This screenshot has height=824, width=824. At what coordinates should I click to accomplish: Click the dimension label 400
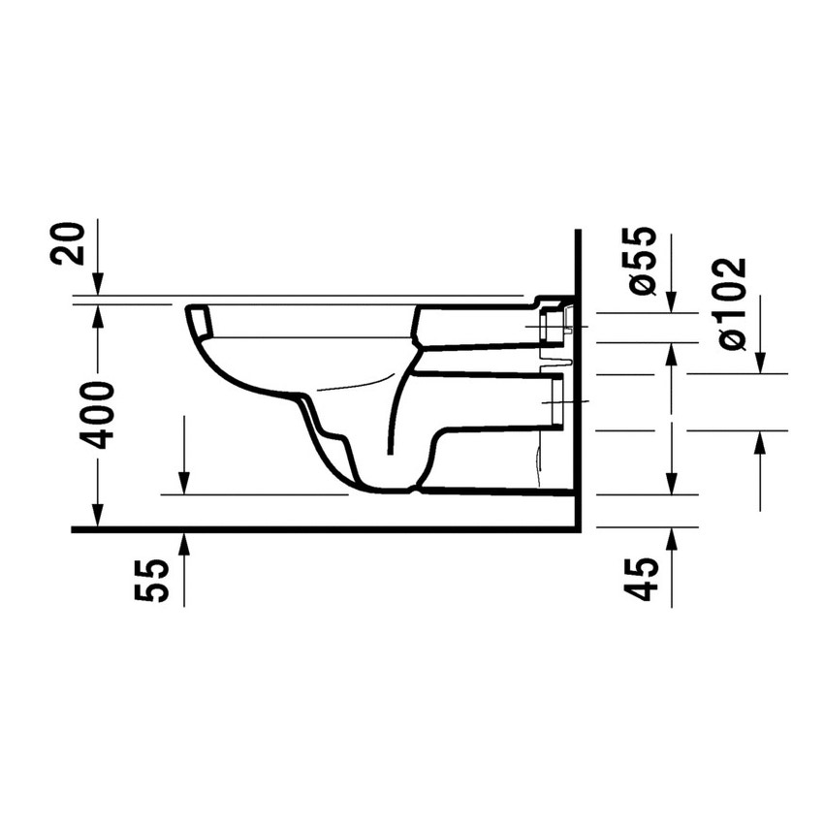click(x=98, y=415)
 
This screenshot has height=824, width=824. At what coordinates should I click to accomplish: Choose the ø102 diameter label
click(x=731, y=303)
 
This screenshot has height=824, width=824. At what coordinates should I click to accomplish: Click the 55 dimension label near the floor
click(x=152, y=580)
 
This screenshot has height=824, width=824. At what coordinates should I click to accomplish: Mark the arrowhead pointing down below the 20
click(x=98, y=286)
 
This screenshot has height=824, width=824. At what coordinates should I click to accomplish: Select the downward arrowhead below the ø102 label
click(x=760, y=364)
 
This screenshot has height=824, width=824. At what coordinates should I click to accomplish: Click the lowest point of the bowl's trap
click(x=388, y=488)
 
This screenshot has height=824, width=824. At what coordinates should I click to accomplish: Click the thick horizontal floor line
click(x=320, y=529)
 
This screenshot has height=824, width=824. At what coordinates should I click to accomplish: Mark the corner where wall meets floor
click(x=577, y=529)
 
